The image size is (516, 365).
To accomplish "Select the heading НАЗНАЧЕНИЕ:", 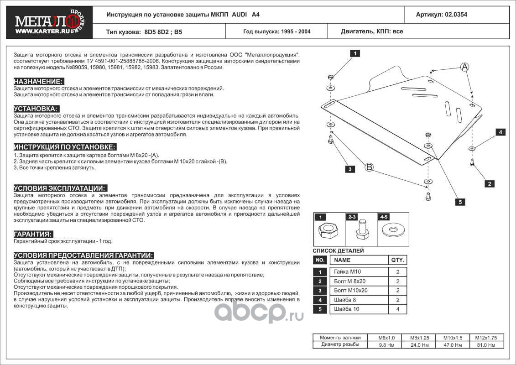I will click(38, 81).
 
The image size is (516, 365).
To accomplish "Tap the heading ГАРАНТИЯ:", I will click(33, 234).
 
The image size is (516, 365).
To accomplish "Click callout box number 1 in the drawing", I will click(354, 53).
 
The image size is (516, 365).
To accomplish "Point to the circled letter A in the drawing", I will click(464, 67).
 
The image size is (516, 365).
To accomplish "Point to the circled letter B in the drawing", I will click(369, 167).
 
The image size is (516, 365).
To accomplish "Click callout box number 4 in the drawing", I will click(500, 132).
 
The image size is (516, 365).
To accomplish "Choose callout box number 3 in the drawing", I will click(350, 169).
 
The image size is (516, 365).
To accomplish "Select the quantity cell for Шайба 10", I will click(397, 309).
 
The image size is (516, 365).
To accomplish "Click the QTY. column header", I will click(397, 260).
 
